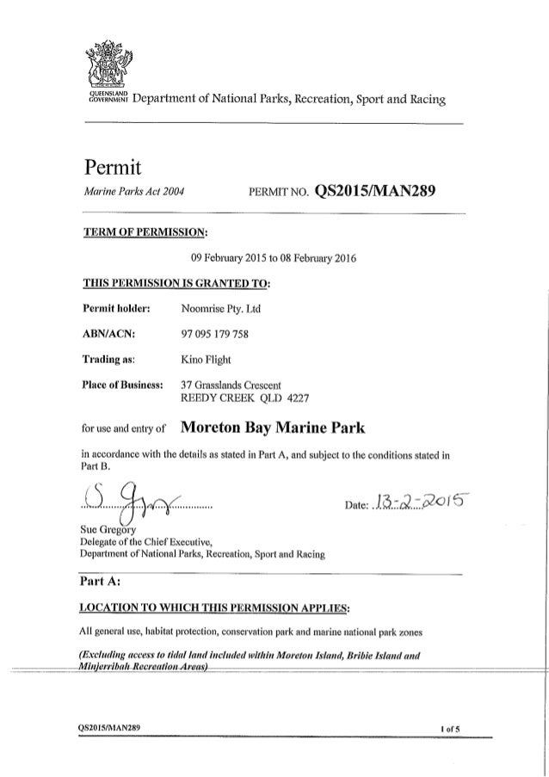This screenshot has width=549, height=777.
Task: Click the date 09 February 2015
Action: coord(227,256)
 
